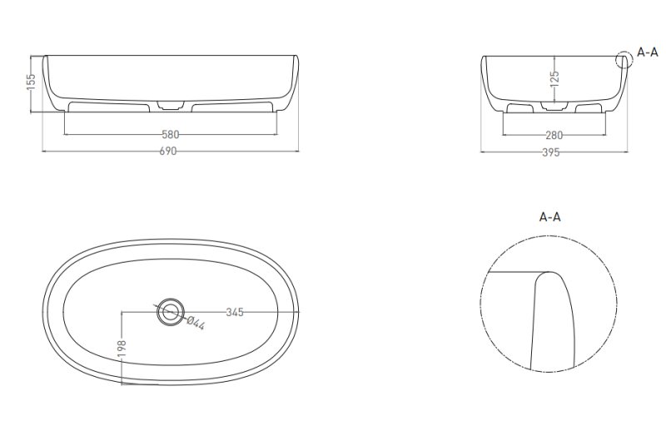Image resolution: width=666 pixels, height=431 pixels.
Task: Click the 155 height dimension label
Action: click(x=31, y=83)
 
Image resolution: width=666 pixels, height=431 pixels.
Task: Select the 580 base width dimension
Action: click(x=171, y=135)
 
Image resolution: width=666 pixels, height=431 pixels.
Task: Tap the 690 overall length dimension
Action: click(x=168, y=151)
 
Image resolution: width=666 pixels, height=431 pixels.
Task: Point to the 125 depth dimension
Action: click(x=554, y=78)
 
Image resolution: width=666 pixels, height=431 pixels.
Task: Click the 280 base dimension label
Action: click(x=554, y=135)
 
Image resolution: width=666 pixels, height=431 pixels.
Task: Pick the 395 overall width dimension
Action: click(x=551, y=153)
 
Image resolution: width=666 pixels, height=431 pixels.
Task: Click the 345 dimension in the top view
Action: click(x=235, y=313)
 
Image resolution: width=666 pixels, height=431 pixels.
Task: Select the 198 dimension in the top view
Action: click(x=122, y=348)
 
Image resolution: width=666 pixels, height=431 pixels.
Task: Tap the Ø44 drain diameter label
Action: click(x=196, y=323)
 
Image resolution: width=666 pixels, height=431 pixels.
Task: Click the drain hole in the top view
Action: click(x=171, y=312)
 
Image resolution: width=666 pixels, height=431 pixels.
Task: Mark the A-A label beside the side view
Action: click(x=648, y=53)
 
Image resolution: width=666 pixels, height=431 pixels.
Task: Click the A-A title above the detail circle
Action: click(x=549, y=217)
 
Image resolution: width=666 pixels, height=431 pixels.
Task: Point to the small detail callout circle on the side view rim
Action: click(x=624, y=60)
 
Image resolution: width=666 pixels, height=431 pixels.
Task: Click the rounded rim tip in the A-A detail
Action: click(x=549, y=273)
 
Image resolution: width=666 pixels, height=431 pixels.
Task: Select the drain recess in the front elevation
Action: click(x=171, y=105)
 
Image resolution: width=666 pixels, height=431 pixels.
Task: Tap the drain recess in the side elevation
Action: click(x=554, y=107)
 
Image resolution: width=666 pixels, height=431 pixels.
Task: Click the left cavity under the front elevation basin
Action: click(x=109, y=107)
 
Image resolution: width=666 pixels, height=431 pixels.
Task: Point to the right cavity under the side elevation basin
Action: click(x=589, y=108)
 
